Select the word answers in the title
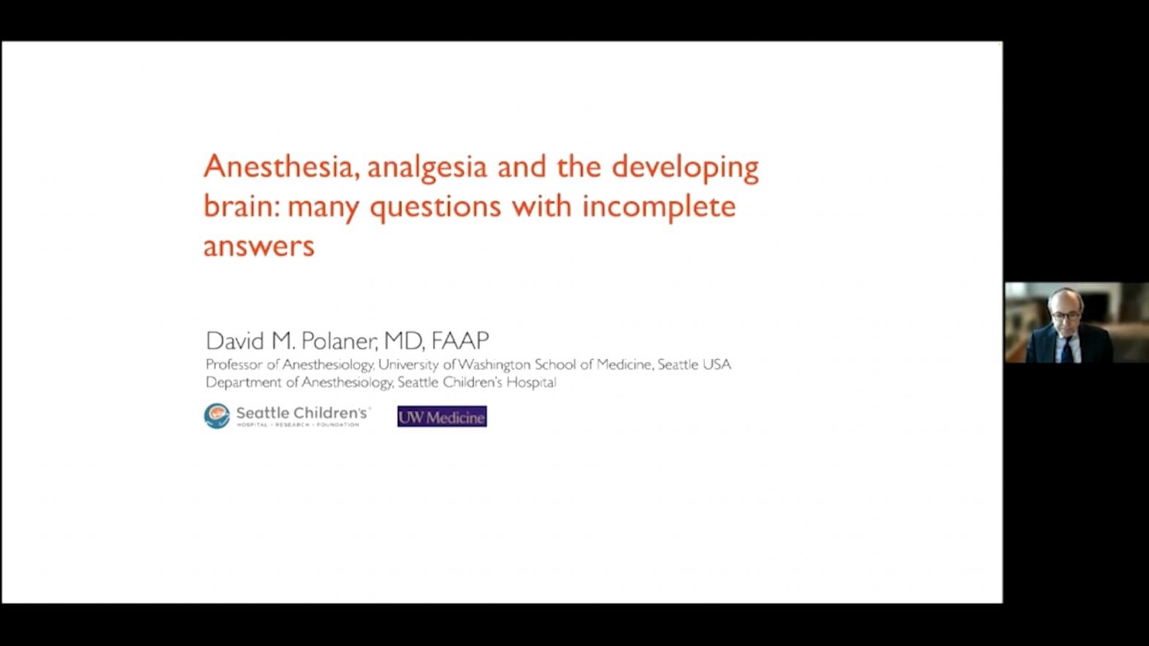tap(259, 247)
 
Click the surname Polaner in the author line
tap(339, 341)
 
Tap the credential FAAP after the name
tap(460, 341)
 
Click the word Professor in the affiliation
tap(234, 365)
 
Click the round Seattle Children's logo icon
tap(217, 416)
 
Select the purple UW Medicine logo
tap(442, 416)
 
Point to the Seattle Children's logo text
tap(303, 416)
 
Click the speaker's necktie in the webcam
tap(1068, 349)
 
